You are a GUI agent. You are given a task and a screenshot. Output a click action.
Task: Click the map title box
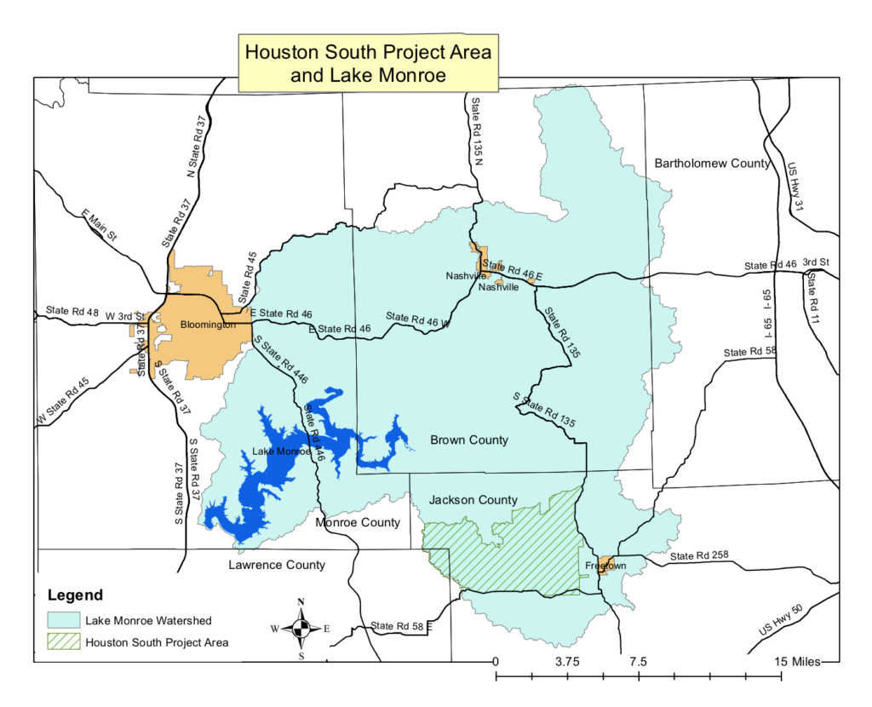[368, 63]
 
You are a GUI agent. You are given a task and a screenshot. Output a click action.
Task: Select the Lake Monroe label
[282, 451]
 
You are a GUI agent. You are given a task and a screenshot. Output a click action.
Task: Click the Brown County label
[469, 440]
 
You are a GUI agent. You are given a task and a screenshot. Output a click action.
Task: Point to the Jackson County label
[473, 500]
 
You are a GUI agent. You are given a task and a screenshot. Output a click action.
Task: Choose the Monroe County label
[358, 522]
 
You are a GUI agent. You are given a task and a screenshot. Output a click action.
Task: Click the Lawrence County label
[277, 565]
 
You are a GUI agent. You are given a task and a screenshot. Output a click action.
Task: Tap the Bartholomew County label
[712, 163]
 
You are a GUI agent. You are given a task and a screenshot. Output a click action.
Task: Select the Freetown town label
[605, 566]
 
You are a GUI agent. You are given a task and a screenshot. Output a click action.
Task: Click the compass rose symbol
[301, 629]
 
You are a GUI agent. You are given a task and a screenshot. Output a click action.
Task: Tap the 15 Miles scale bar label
[796, 662]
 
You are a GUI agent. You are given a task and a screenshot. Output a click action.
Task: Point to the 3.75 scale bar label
[567, 662]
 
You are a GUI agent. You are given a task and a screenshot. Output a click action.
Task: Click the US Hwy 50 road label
[782, 618]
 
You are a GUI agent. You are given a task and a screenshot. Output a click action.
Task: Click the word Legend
[75, 595]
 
